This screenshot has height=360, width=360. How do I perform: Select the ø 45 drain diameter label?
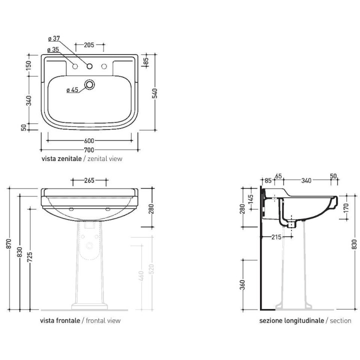(72, 90)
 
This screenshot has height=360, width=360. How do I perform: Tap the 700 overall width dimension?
(89, 149)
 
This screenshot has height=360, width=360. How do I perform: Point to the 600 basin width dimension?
(89, 140)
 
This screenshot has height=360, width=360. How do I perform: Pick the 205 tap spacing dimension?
(89, 45)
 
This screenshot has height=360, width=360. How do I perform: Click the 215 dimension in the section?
(274, 236)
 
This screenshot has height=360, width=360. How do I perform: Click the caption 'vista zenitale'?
(61, 158)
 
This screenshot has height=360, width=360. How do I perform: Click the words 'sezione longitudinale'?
(291, 320)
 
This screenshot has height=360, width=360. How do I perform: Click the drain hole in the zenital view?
(89, 84)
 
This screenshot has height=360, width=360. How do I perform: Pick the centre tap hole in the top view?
(89, 66)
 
